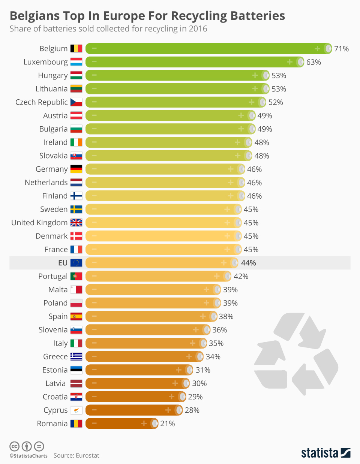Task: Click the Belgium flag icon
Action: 76,48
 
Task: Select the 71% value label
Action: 341,49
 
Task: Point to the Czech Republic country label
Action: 41,102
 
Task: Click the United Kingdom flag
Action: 76,223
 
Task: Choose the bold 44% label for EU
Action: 248,263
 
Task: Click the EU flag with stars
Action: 76,263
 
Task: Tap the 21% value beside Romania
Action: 167,424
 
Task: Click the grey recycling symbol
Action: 296,354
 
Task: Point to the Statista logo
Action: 325,453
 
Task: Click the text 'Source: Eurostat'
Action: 76,455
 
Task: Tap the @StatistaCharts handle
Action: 28,456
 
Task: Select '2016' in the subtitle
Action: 198,29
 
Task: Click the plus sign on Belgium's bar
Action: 317,49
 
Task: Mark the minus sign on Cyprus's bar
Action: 94,410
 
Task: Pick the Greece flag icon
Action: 76,356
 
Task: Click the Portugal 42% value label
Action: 241,276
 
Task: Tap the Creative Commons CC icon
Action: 14,446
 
